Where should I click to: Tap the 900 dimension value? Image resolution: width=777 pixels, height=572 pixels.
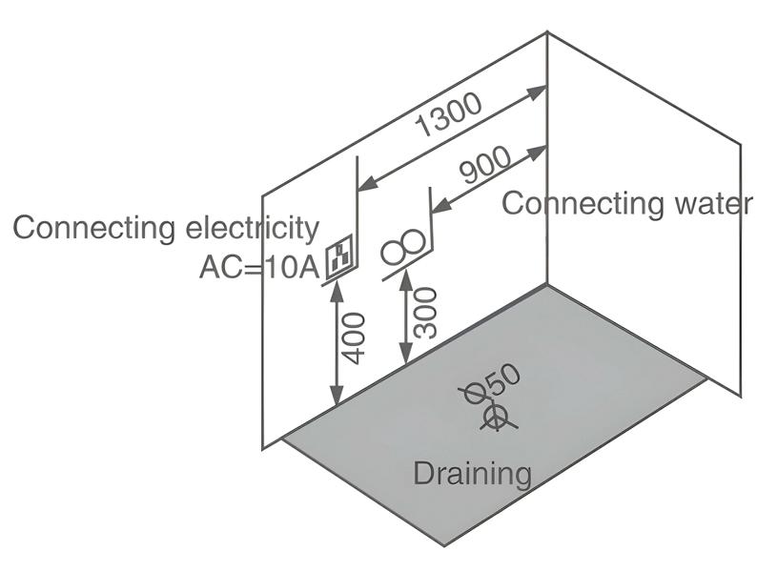point(485,166)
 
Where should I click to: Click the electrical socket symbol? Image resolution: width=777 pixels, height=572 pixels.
point(339,258)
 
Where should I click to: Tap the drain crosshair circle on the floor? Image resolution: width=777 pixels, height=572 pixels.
point(495,417)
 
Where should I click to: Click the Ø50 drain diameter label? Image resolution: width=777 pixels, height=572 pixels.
point(492,383)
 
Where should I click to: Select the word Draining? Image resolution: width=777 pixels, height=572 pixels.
point(472,472)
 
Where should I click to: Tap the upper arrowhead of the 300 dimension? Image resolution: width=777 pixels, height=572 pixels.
point(407,277)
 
